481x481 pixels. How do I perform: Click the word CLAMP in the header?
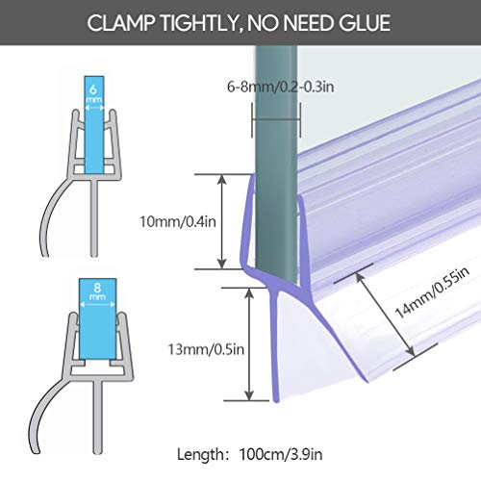[121, 23]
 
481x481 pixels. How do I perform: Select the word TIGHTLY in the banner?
[201, 23]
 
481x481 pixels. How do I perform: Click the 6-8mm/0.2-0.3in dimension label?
[281, 87]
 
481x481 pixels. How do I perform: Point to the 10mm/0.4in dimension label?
[178, 222]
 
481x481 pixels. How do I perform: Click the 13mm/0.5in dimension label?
[206, 349]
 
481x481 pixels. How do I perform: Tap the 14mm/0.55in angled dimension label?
[432, 292]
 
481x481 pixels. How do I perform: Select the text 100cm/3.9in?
[281, 454]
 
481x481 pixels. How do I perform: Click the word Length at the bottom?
[200, 454]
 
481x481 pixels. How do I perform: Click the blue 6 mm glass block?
[94, 124]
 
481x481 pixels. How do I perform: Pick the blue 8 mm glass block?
[97, 318]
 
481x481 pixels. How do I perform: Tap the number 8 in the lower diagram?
[97, 287]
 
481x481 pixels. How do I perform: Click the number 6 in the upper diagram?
[93, 89]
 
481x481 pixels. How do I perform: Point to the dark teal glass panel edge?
[276, 166]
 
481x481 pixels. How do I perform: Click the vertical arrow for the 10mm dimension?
[222, 221]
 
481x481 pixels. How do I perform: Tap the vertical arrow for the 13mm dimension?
[249, 344]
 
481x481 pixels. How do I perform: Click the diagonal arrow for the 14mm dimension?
[386, 315]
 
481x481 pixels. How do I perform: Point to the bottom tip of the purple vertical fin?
[276, 401]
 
